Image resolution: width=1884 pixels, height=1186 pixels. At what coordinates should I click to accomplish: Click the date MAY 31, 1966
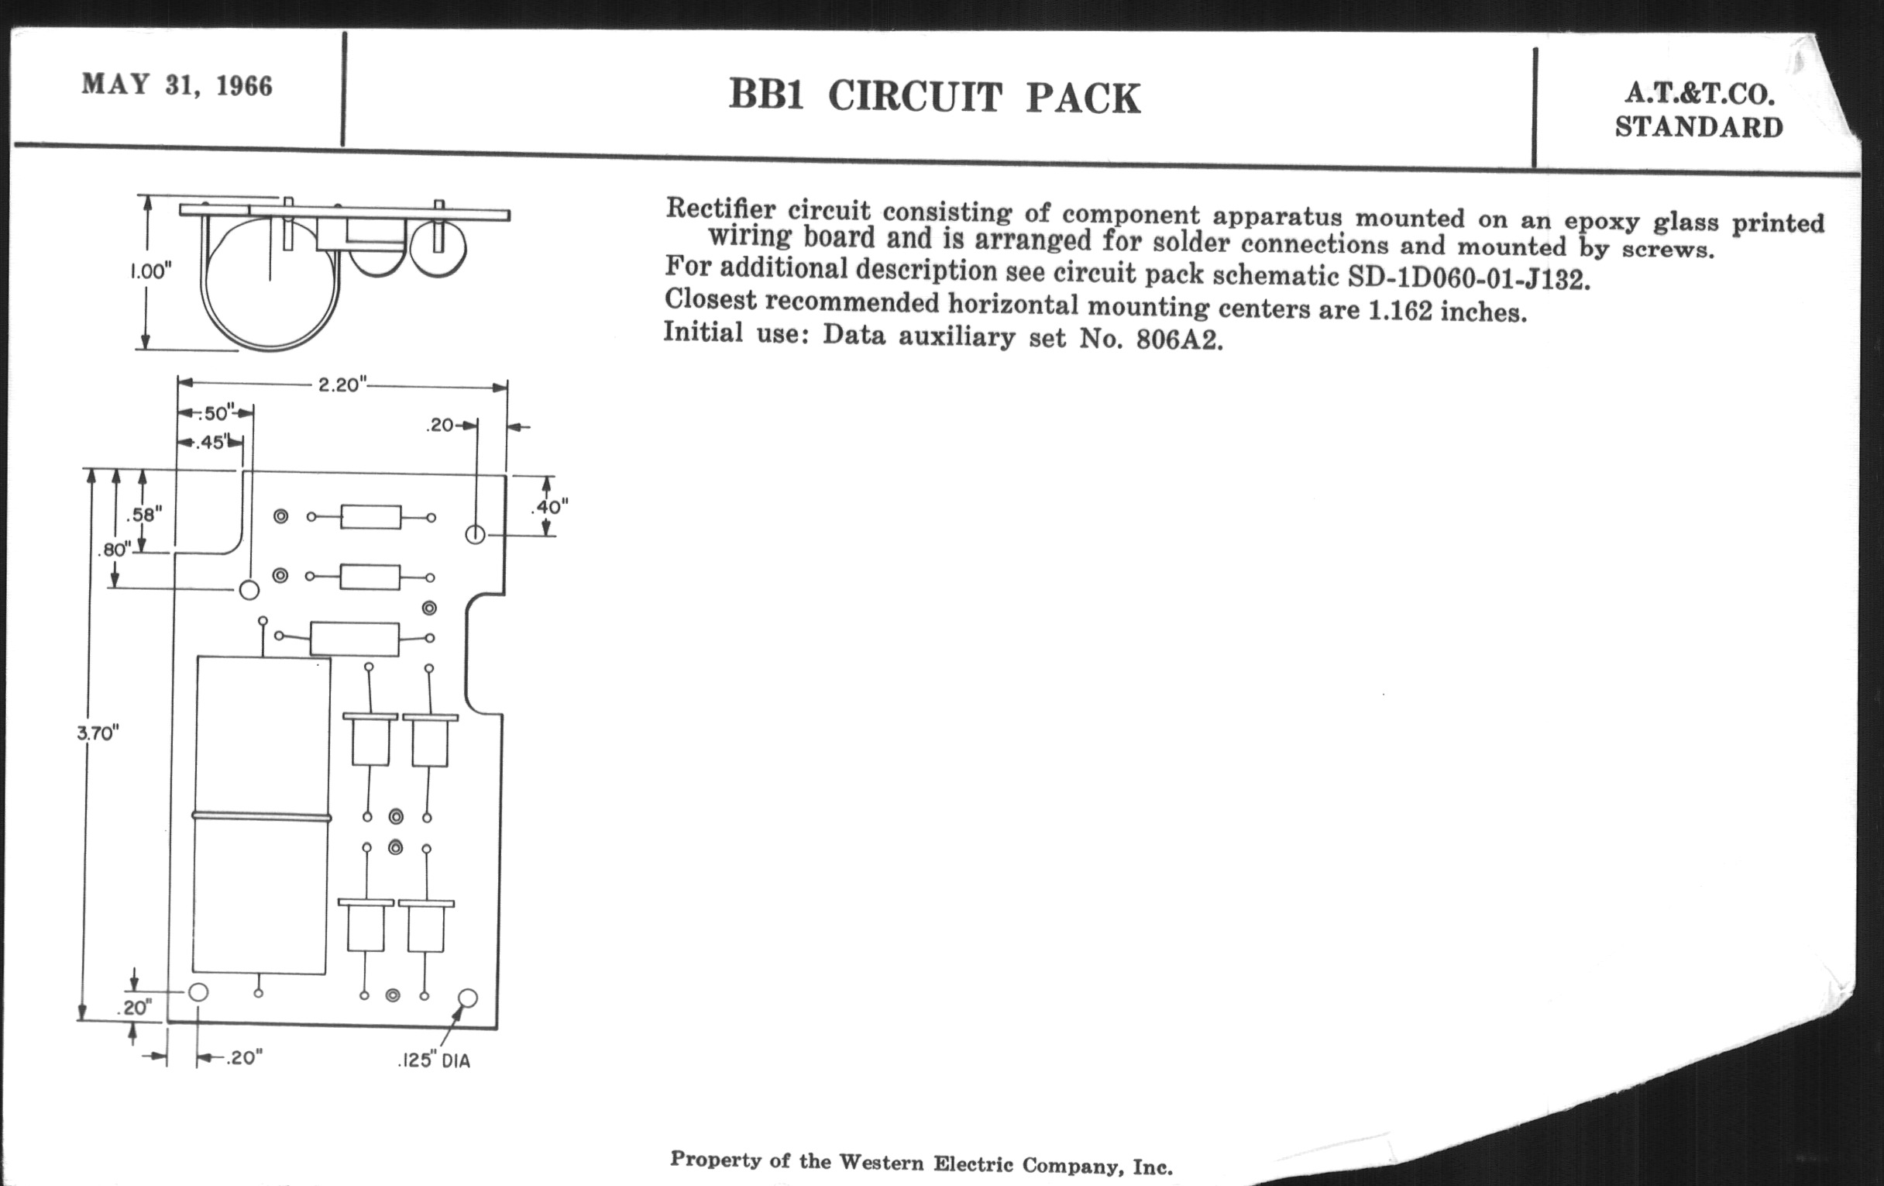pos(177,84)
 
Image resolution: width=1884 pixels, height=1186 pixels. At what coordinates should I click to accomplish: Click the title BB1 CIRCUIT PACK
pos(935,97)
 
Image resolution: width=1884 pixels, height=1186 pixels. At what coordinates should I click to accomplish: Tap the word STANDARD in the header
pos(1700,127)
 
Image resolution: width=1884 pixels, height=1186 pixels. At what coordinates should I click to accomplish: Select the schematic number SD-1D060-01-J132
pos(1470,278)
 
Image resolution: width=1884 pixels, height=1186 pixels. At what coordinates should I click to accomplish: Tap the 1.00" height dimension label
pos(150,271)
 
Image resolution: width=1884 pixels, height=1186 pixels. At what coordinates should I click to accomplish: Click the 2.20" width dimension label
pos(342,384)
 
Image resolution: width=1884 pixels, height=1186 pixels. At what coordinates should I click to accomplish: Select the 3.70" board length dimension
pos(98,733)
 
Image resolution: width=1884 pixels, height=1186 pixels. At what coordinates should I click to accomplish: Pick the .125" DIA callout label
pos(435,1060)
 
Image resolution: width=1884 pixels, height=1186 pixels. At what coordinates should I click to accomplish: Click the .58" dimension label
pos(144,515)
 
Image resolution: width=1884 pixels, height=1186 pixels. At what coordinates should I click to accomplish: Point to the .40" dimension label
pos(549,507)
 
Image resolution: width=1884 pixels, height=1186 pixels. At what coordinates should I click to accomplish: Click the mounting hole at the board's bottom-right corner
pos(467,998)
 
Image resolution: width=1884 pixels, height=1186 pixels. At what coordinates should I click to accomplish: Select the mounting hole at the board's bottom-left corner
pos(199,992)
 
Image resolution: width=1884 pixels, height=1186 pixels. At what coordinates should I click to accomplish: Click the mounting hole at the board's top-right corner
pos(475,535)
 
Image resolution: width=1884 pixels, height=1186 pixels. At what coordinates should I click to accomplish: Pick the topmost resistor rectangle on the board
pos(371,517)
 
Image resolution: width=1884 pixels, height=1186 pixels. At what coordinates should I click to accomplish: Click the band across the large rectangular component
pos(261,816)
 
